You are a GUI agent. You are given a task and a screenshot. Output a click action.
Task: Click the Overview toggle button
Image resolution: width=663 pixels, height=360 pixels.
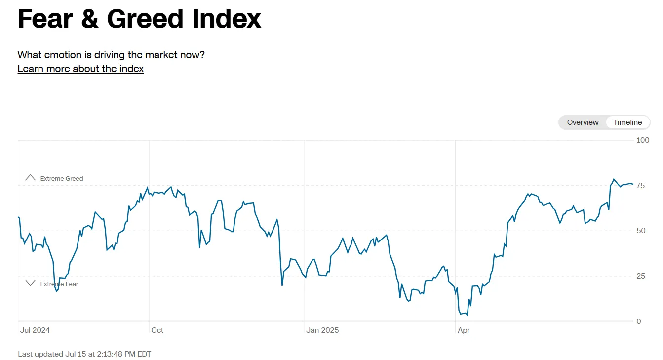[x=583, y=122]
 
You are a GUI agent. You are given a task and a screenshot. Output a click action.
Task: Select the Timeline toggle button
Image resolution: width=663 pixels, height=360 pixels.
[x=627, y=122]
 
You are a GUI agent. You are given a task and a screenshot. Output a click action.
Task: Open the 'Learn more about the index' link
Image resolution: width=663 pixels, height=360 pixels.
[x=80, y=69]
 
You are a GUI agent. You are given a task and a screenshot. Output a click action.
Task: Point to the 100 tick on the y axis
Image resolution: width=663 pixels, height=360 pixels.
[x=643, y=140]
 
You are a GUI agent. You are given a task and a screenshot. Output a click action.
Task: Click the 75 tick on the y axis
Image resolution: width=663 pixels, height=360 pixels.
[x=641, y=186]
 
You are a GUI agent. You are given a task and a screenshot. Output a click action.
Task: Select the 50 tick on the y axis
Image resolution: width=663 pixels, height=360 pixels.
[x=641, y=231]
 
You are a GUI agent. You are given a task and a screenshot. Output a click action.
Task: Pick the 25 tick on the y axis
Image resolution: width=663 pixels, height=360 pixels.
[x=641, y=276]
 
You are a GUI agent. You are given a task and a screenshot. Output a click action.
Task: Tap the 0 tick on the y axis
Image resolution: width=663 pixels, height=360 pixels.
[x=639, y=321]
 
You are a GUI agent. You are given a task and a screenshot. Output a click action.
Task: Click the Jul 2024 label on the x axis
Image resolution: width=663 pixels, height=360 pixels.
[x=35, y=330]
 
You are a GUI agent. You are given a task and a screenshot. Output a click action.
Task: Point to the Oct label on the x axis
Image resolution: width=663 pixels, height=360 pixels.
[x=157, y=330]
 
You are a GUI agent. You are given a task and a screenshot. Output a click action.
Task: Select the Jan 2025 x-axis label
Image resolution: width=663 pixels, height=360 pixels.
[x=322, y=330]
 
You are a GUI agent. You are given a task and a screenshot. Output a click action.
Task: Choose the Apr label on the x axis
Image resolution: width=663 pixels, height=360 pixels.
[x=464, y=330]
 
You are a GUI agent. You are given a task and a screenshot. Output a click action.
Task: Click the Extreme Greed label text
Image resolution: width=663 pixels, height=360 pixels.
[x=62, y=179]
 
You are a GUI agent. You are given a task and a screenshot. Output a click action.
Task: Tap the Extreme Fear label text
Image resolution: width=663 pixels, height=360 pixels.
[x=59, y=284]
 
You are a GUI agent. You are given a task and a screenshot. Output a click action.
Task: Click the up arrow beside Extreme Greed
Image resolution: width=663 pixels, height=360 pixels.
[x=31, y=177]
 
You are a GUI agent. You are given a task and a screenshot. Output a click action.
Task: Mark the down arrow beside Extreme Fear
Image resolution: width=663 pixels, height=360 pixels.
[x=31, y=283]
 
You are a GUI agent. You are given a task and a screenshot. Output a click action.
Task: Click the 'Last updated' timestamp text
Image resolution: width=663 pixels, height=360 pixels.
[x=84, y=354]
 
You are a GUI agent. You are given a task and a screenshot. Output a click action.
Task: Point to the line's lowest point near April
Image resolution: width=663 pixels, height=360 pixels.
[x=467, y=315]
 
